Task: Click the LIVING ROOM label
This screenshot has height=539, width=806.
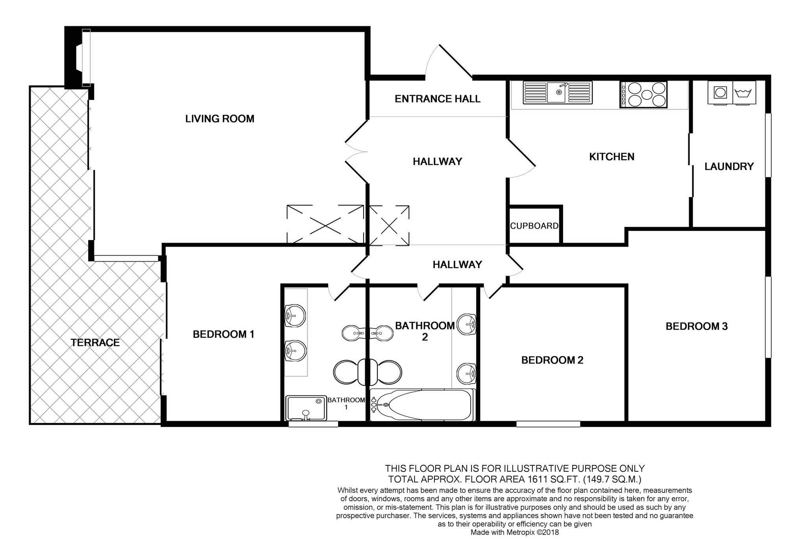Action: coord(220,118)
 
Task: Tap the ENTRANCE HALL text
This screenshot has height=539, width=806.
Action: coord(438,99)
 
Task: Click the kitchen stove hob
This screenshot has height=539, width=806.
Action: coord(643,94)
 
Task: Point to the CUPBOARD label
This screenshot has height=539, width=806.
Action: coord(534,226)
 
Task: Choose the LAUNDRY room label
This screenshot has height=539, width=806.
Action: coord(729,166)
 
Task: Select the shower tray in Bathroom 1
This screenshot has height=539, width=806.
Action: coord(306,408)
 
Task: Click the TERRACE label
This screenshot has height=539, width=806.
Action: coord(95,343)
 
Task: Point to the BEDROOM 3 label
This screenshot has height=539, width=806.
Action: coord(697,326)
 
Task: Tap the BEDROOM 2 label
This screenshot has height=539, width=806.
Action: coord(552,360)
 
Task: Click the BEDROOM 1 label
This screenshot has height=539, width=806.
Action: coord(224,334)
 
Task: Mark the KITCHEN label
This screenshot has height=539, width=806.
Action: coord(612,157)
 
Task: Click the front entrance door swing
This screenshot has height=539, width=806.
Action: coord(448,61)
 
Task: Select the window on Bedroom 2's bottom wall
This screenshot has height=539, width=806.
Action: coord(548,424)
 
